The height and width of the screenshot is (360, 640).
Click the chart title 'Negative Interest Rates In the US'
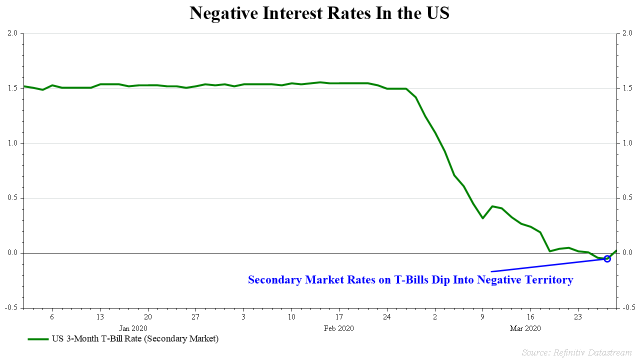pos(319,13)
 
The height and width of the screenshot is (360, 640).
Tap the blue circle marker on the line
pos(607,258)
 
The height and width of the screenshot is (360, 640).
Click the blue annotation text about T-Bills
pos(410,280)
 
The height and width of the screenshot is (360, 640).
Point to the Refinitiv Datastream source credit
pos(576,352)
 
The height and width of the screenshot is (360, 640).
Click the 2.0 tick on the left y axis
pos(12,33)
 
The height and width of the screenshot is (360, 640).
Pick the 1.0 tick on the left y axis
pos(12,143)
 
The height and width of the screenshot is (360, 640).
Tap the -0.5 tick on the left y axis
pos(11,307)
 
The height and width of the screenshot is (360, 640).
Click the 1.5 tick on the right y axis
pos(627,88)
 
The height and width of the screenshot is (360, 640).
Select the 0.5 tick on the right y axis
pos(627,198)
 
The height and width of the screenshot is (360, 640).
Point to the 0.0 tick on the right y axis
pos(627,253)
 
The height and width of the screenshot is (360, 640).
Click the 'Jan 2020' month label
pos(133,328)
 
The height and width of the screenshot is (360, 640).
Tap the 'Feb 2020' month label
pos(339,328)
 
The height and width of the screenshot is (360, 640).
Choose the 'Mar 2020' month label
pos(525,328)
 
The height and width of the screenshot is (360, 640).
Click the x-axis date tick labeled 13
pos(100,317)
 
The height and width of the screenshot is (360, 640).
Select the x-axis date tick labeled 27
pos(195,317)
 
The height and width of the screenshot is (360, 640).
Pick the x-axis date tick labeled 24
pos(386,317)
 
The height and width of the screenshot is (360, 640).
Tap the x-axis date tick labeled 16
pos(530,317)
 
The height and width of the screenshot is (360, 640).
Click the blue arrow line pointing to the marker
pos(545,265)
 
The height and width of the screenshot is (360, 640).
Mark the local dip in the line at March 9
pos(482,218)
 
